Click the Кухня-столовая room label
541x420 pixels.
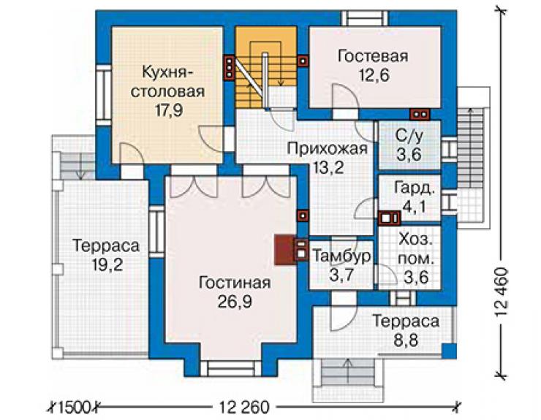[x=167, y=82]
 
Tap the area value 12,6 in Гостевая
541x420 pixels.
[x=374, y=75]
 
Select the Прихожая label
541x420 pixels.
[x=328, y=149]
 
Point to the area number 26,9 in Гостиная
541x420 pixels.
[x=235, y=302]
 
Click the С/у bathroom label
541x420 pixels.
[x=409, y=137]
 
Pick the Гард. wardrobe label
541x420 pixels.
[x=413, y=189]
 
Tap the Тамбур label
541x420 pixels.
[x=342, y=256]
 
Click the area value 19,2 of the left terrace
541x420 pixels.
[x=107, y=265]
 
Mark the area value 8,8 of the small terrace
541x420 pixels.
[x=406, y=340]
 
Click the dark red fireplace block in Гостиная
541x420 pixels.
[x=284, y=250]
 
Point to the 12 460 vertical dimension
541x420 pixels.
[x=502, y=291]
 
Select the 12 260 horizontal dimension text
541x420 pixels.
[x=244, y=408]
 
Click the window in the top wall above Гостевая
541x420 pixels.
[x=365, y=18]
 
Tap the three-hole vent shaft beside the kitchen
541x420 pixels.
[x=229, y=67]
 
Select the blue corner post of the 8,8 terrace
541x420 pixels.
[x=450, y=351]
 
